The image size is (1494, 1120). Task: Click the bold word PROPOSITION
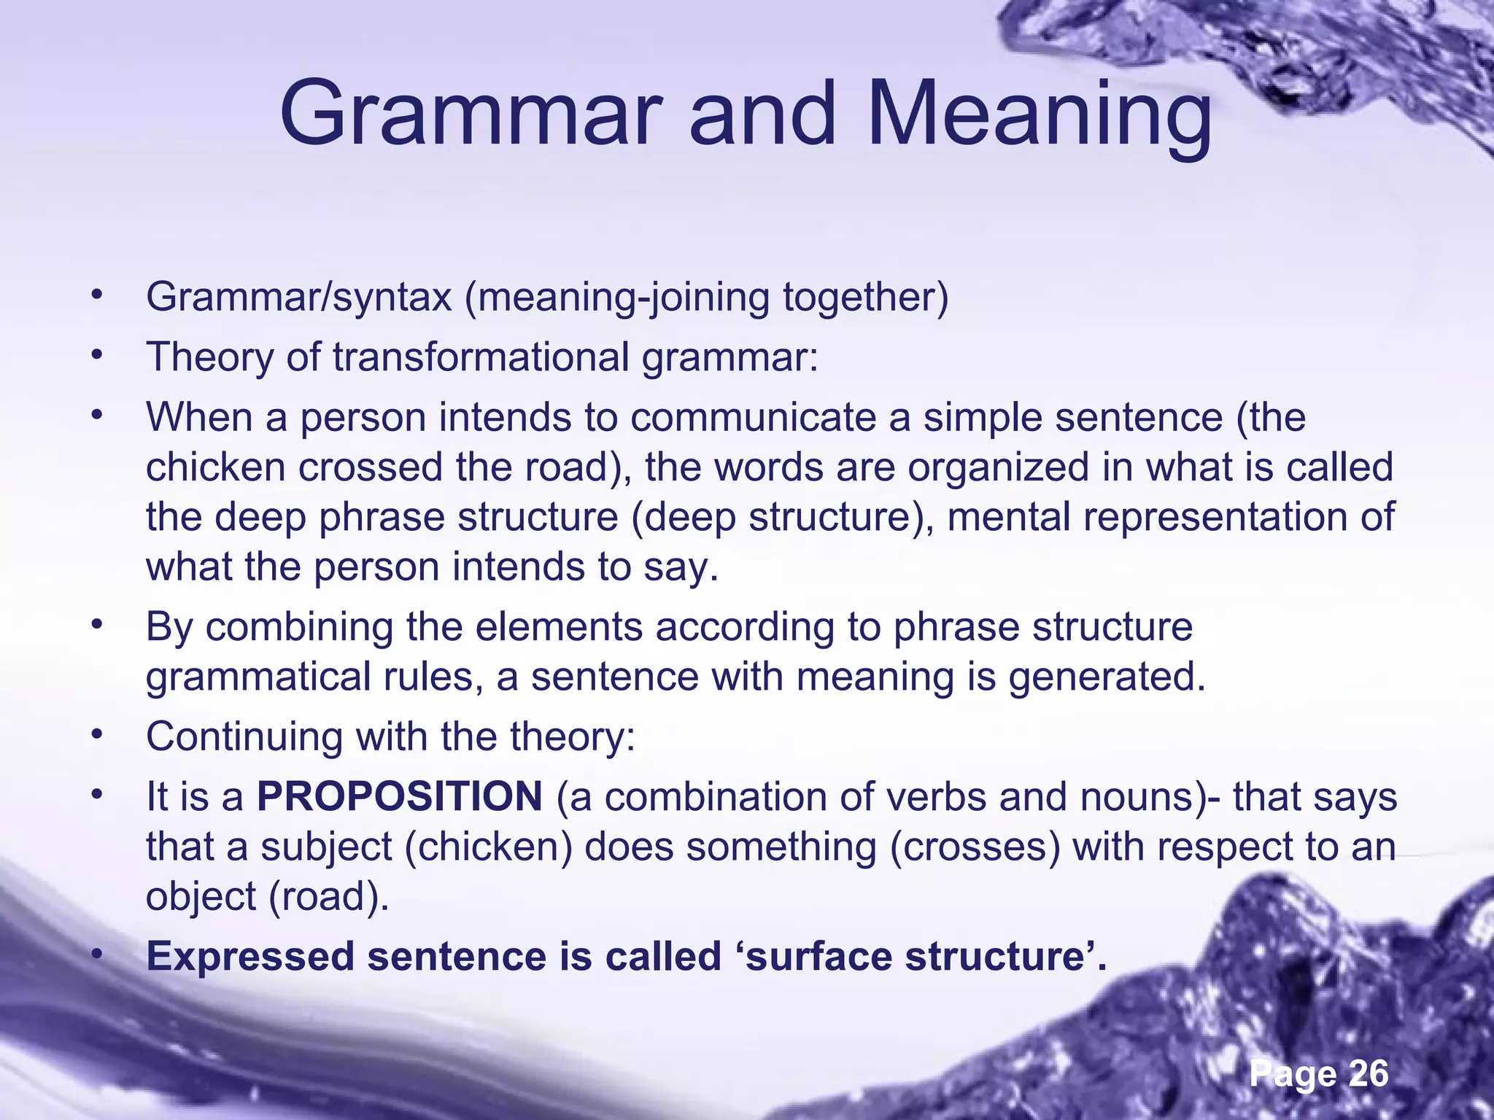[399, 796]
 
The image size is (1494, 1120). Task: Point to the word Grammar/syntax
[299, 297]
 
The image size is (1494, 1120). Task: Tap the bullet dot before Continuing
[95, 734]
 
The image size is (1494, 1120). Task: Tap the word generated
[1107, 677]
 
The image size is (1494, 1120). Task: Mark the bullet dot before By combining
[95, 625]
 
